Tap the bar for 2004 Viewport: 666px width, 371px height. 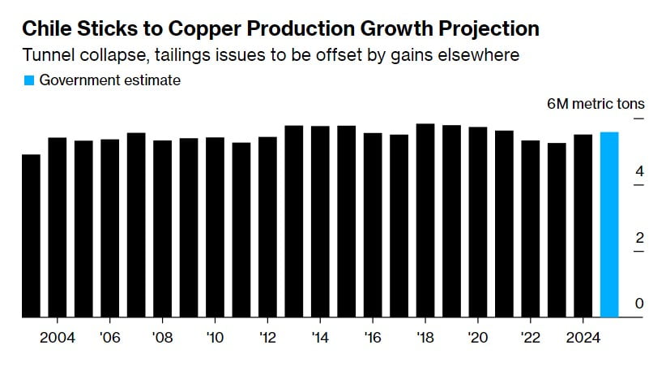[x=58, y=227]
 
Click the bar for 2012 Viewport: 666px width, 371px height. [x=267, y=227]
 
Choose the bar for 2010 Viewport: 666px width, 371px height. [x=215, y=227]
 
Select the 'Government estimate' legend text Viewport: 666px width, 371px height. [x=109, y=80]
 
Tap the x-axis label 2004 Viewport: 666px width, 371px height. [x=58, y=337]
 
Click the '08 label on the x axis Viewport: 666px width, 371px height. [x=162, y=337]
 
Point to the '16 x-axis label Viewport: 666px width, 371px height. [x=373, y=337]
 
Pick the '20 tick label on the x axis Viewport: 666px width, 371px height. [x=478, y=337]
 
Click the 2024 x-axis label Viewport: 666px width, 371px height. [x=583, y=337]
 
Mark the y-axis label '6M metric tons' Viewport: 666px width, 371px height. [x=596, y=104]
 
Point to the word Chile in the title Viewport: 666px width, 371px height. [x=46, y=30]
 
